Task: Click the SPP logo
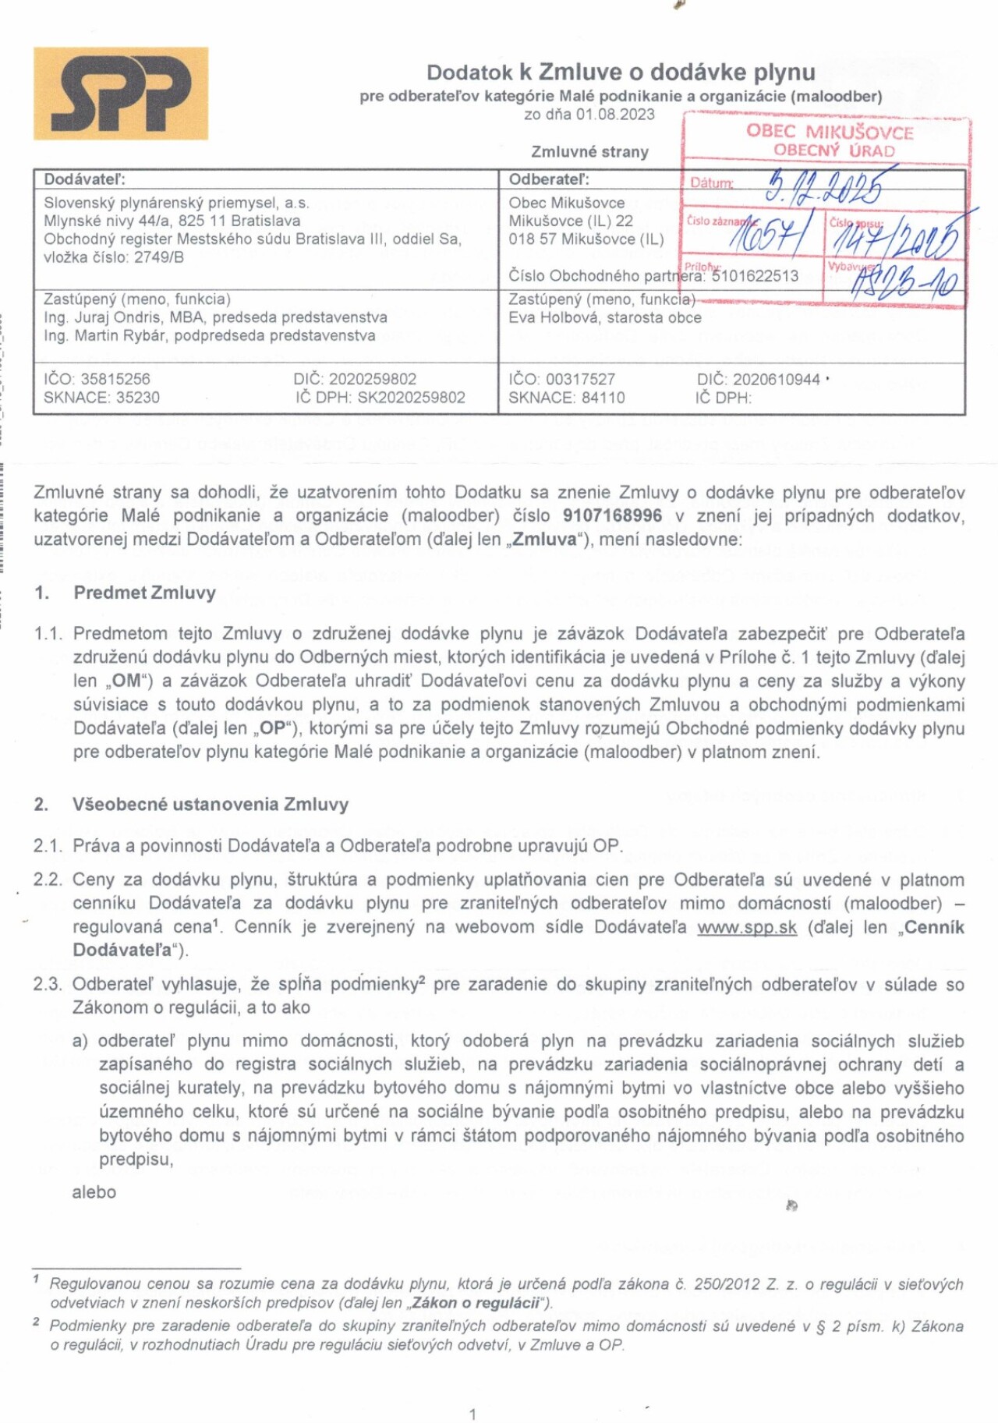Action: coord(121,94)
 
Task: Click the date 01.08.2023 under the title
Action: coord(615,115)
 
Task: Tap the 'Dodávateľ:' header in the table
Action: coord(84,179)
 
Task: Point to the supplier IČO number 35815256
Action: coord(115,379)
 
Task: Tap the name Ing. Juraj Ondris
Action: coord(102,317)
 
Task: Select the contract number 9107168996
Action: coord(612,515)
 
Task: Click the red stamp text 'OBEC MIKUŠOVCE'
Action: coord(830,131)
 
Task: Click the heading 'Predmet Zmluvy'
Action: coord(144,593)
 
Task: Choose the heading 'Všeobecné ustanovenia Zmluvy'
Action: coord(211,804)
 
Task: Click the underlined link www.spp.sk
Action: coord(747,927)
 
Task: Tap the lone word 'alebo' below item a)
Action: coord(94,1192)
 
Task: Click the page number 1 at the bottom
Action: coord(472,1414)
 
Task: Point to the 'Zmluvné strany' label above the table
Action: coord(589,152)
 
